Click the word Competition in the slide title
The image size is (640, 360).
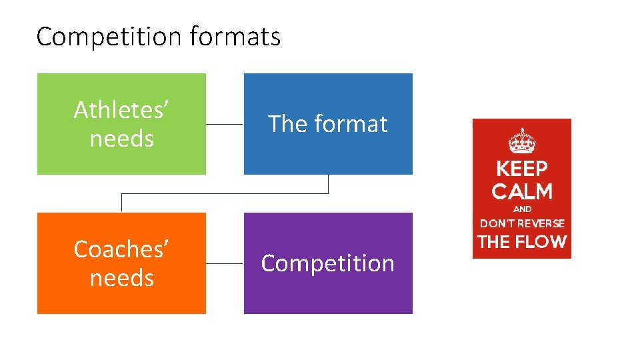tap(109, 37)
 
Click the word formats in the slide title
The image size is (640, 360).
tap(235, 37)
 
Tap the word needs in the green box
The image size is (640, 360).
tap(121, 139)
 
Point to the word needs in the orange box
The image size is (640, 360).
tap(121, 277)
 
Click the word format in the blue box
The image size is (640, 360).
tap(351, 124)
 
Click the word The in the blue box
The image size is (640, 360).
tap(287, 124)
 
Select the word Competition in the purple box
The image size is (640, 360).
tap(328, 263)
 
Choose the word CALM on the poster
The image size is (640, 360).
tap(522, 192)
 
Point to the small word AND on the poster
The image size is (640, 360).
tap(522, 209)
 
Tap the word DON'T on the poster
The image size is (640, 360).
tap(496, 223)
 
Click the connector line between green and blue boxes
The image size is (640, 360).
tap(225, 124)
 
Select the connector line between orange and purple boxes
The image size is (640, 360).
tap(225, 263)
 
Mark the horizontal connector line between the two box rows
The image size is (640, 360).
tap(225, 193)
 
